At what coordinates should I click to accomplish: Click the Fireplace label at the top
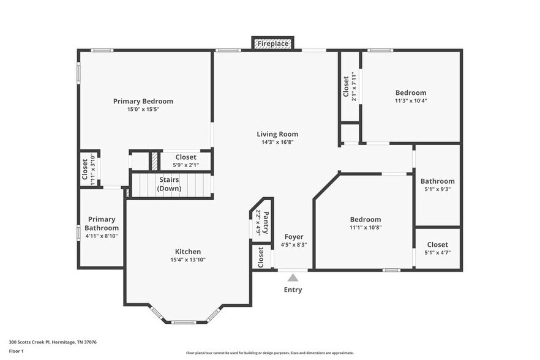click(x=273, y=43)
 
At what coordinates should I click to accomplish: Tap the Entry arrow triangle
click(x=293, y=277)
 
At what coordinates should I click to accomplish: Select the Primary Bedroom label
click(x=143, y=101)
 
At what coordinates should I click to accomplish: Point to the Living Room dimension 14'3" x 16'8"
click(x=277, y=142)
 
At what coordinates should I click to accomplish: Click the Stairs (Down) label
click(x=169, y=184)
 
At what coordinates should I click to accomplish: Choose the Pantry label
click(x=266, y=222)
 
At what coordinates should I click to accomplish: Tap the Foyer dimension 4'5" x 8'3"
click(x=294, y=245)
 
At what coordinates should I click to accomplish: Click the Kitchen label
click(x=188, y=252)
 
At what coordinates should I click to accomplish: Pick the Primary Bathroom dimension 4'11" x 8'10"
click(x=102, y=236)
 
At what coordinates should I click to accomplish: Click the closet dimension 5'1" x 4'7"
click(x=437, y=252)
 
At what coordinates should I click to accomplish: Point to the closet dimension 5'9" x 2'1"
click(x=186, y=165)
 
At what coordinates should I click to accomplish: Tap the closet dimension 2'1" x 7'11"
click(x=354, y=86)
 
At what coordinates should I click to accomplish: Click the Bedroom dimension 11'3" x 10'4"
click(x=411, y=101)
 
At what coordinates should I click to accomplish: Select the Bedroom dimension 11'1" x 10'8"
click(x=366, y=227)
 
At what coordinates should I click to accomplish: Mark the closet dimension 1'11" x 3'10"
click(x=92, y=170)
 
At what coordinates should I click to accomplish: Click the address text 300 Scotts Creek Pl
click(x=29, y=342)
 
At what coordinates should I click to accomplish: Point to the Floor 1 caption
click(x=16, y=351)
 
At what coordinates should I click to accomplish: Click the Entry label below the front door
click(x=293, y=290)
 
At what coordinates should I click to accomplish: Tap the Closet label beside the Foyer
click(x=261, y=257)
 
